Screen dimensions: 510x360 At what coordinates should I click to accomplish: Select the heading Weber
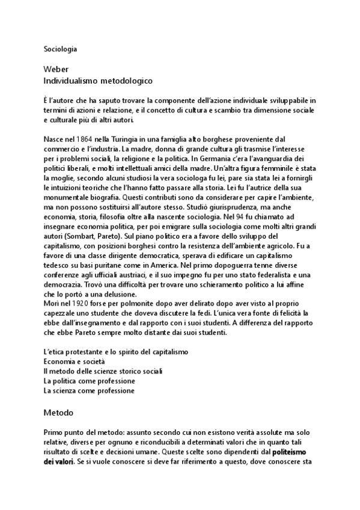point(57,69)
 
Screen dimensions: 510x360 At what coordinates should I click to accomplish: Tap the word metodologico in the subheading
point(123,79)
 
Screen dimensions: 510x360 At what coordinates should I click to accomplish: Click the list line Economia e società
point(75,361)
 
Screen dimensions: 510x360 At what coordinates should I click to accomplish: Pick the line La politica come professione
point(89,381)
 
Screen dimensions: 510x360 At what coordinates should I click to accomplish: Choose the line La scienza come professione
point(89,390)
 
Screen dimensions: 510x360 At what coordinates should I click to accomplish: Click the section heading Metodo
point(58,413)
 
